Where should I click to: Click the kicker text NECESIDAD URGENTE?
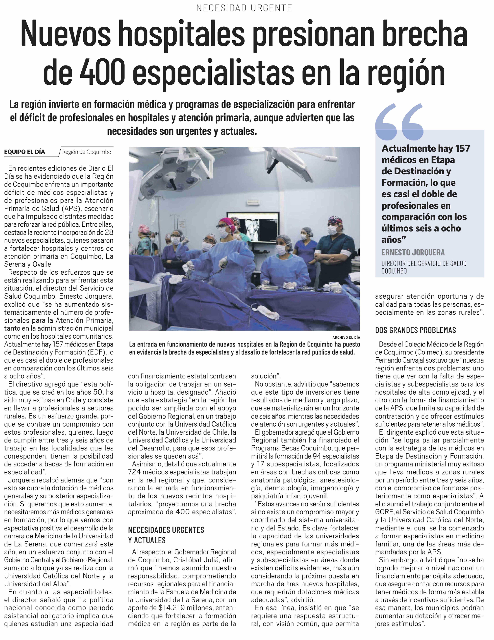244,8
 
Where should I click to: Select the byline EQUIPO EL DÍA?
25,152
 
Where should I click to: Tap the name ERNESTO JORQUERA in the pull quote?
413,252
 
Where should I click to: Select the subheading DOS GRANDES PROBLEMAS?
415,330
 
